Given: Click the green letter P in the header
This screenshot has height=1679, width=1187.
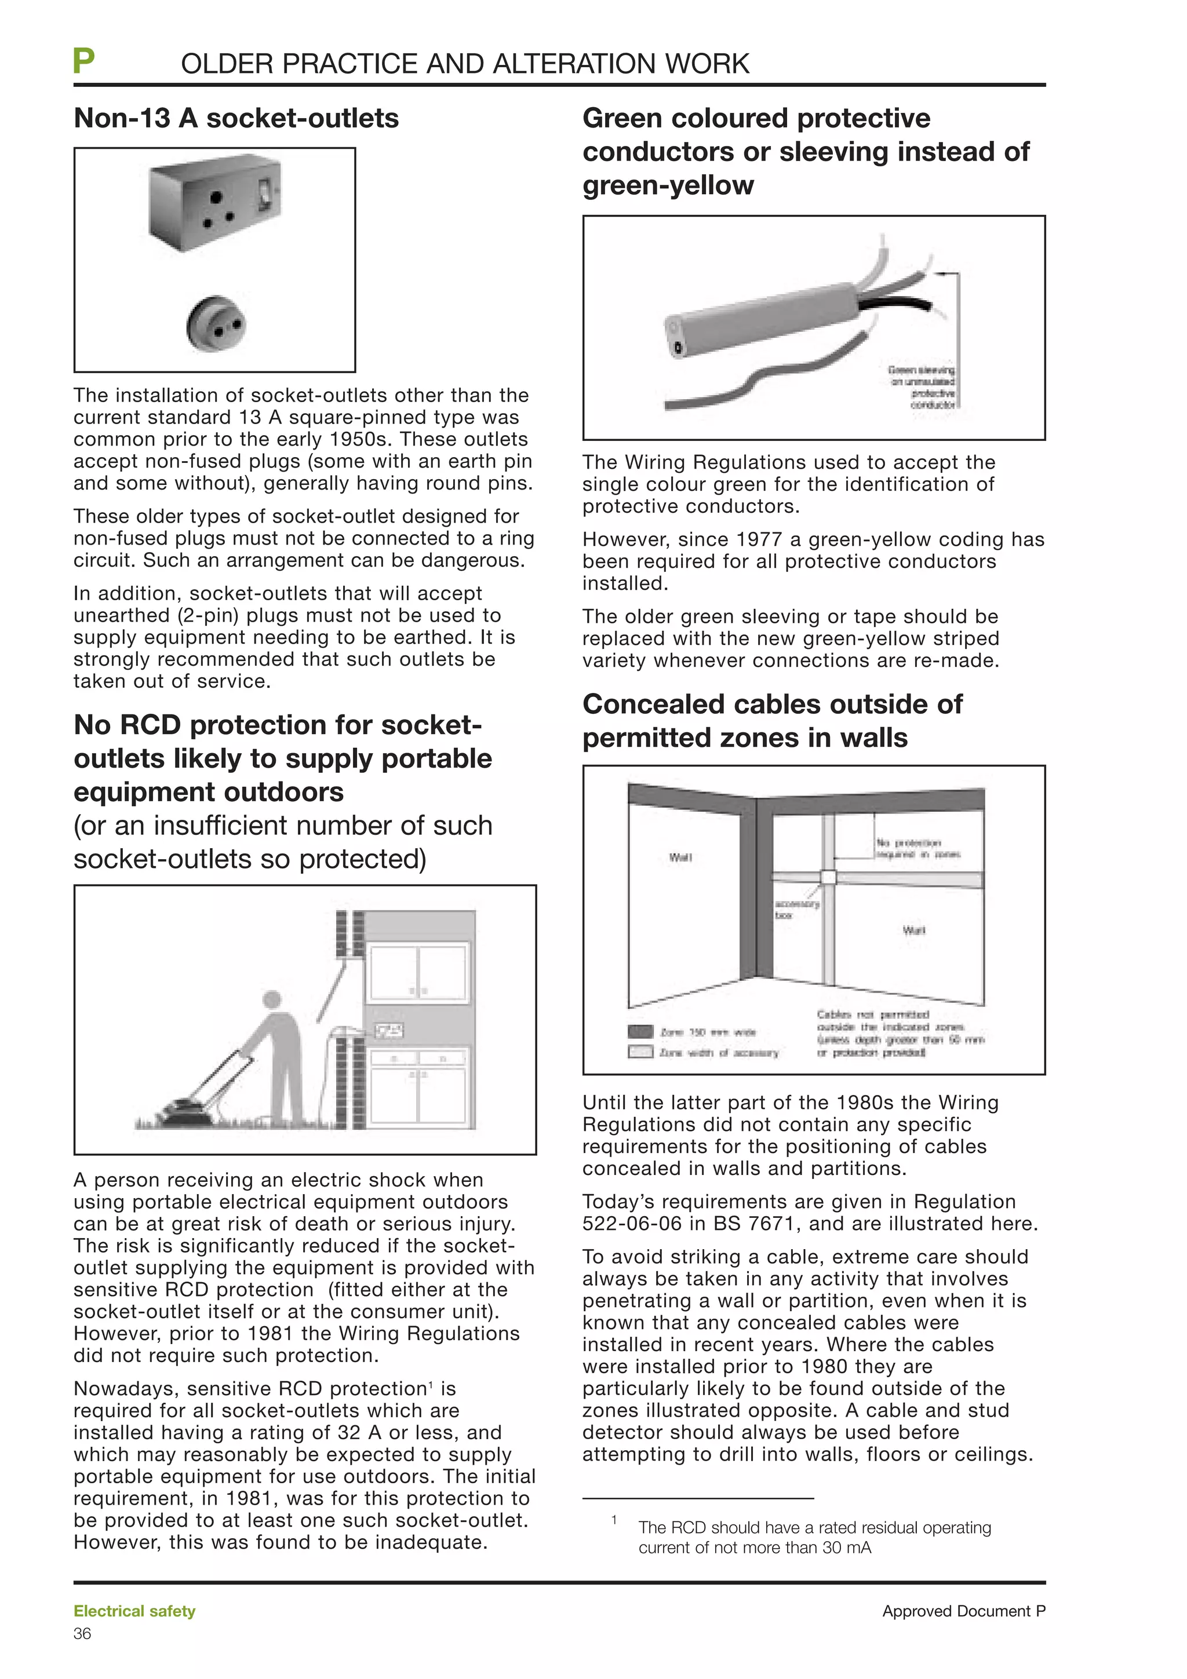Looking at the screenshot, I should pos(84,61).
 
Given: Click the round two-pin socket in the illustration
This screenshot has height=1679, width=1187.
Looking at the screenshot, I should pos(215,323).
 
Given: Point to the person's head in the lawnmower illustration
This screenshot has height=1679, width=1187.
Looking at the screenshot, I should pos(272,999).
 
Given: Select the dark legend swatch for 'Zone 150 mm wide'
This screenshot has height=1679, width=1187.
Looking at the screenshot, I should pos(640,1032).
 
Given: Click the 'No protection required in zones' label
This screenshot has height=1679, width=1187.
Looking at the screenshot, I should pos(918,848).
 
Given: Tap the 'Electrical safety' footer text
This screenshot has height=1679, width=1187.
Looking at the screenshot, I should pos(134,1611).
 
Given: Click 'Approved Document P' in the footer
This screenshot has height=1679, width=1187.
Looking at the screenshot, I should pos(963,1611).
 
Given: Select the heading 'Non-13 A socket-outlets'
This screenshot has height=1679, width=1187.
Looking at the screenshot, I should pos(236,118).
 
